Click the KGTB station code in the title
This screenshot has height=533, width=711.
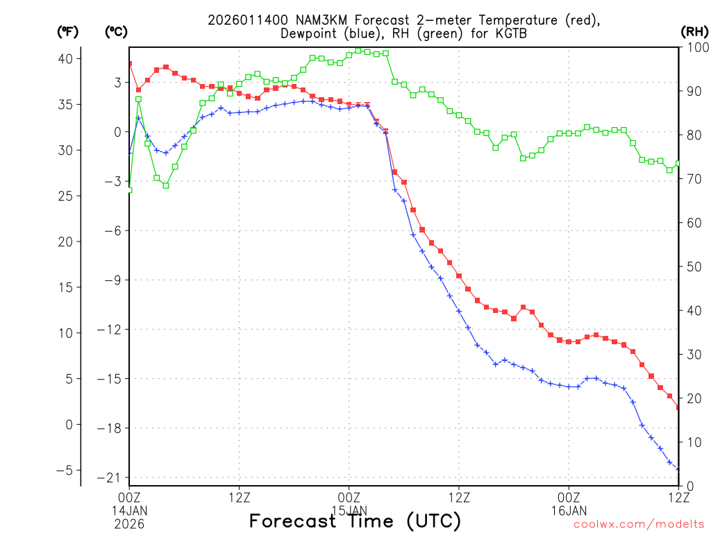pos(511,33)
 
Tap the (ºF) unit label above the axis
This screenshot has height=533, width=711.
pos(67,32)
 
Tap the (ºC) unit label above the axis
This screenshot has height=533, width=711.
pos(116,32)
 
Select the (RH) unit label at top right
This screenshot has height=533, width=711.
pos(694,32)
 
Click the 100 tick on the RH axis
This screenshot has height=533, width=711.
pos(695,47)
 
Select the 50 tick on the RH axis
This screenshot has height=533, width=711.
pos(692,266)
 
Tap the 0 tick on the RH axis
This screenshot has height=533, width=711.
pos(688,486)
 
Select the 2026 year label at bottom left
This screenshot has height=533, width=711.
pos(129,523)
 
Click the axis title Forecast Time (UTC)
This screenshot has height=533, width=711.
pos(355,521)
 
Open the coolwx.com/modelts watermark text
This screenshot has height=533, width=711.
pos(639,524)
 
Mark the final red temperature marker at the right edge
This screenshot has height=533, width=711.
pos(678,407)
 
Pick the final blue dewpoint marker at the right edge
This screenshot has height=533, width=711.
pos(678,469)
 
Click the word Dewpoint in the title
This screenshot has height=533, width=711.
pos(310,33)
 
